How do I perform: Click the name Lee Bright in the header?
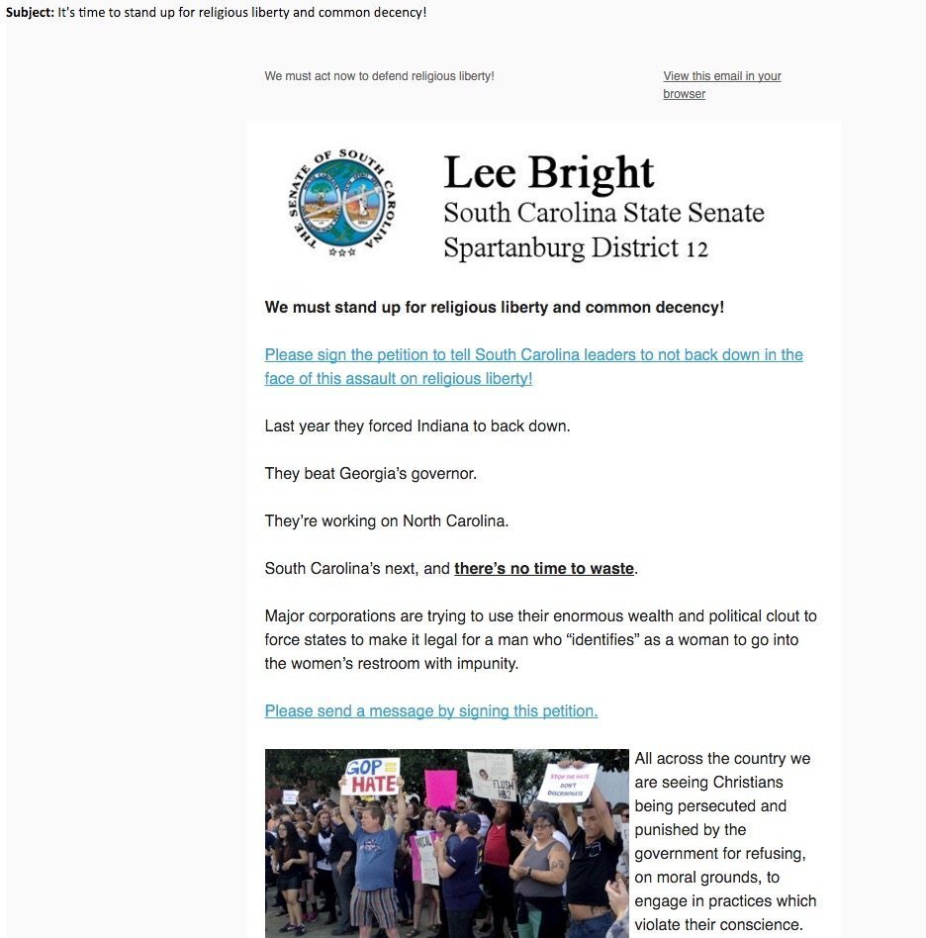tap(548, 172)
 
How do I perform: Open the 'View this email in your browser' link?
tap(721, 84)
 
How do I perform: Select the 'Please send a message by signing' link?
tap(430, 710)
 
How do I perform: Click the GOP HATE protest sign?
tap(370, 777)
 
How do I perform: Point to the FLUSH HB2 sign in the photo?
tap(492, 776)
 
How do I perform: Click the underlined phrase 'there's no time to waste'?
tap(543, 568)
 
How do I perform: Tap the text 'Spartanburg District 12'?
tap(576, 246)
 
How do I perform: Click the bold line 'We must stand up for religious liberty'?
tap(494, 307)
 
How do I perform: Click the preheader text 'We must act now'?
tap(379, 76)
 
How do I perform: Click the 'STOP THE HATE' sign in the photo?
tap(568, 780)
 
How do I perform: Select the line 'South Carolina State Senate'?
tap(603, 213)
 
